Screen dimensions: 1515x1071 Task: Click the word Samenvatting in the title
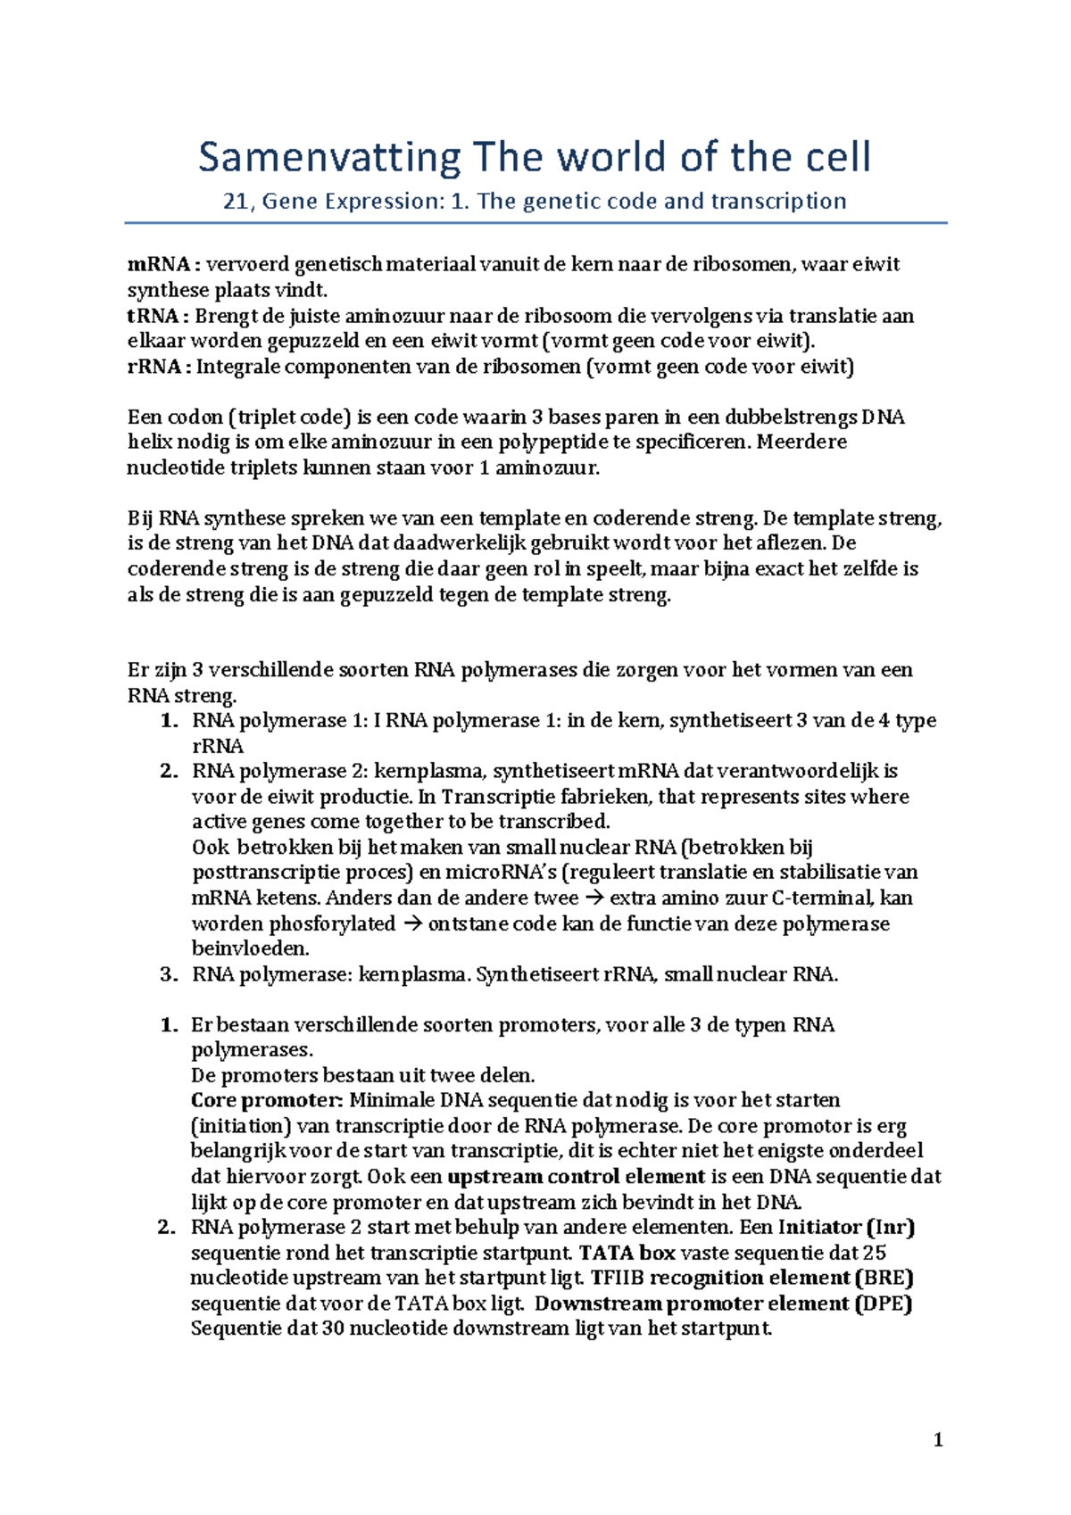pyautogui.click(x=328, y=158)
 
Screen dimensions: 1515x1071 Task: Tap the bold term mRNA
pyautogui.click(x=159, y=264)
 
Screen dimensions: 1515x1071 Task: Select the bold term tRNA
pyautogui.click(x=154, y=316)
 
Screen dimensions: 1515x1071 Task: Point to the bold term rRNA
pyautogui.click(x=154, y=367)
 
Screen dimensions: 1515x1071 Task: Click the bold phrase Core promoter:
pyautogui.click(x=267, y=1100)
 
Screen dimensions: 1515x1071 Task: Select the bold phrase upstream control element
pyautogui.click(x=577, y=1177)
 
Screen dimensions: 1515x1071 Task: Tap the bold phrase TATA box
pyautogui.click(x=627, y=1253)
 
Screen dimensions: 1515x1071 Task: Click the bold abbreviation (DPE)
pyautogui.click(x=884, y=1304)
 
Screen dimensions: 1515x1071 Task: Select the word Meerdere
pyautogui.click(x=801, y=442)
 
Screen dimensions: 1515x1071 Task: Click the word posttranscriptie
pyautogui.click(x=266, y=873)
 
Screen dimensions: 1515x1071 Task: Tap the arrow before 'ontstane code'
pyautogui.click(x=411, y=923)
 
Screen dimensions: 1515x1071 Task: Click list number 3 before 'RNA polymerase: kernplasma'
pyautogui.click(x=169, y=974)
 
